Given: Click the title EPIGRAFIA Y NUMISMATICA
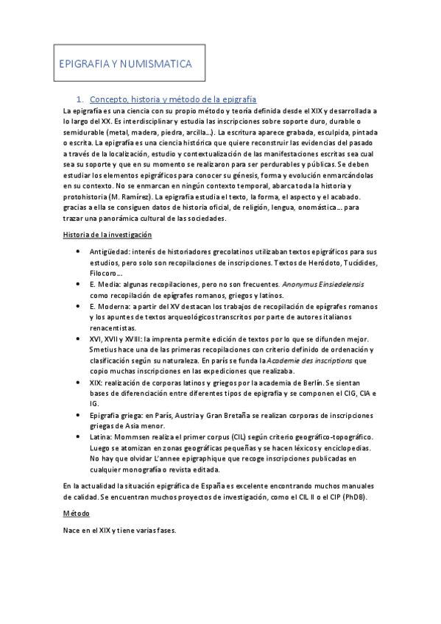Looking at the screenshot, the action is [x=125, y=65].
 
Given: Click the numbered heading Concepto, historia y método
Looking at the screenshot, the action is [x=172, y=99].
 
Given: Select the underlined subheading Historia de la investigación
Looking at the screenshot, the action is [x=107, y=235].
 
